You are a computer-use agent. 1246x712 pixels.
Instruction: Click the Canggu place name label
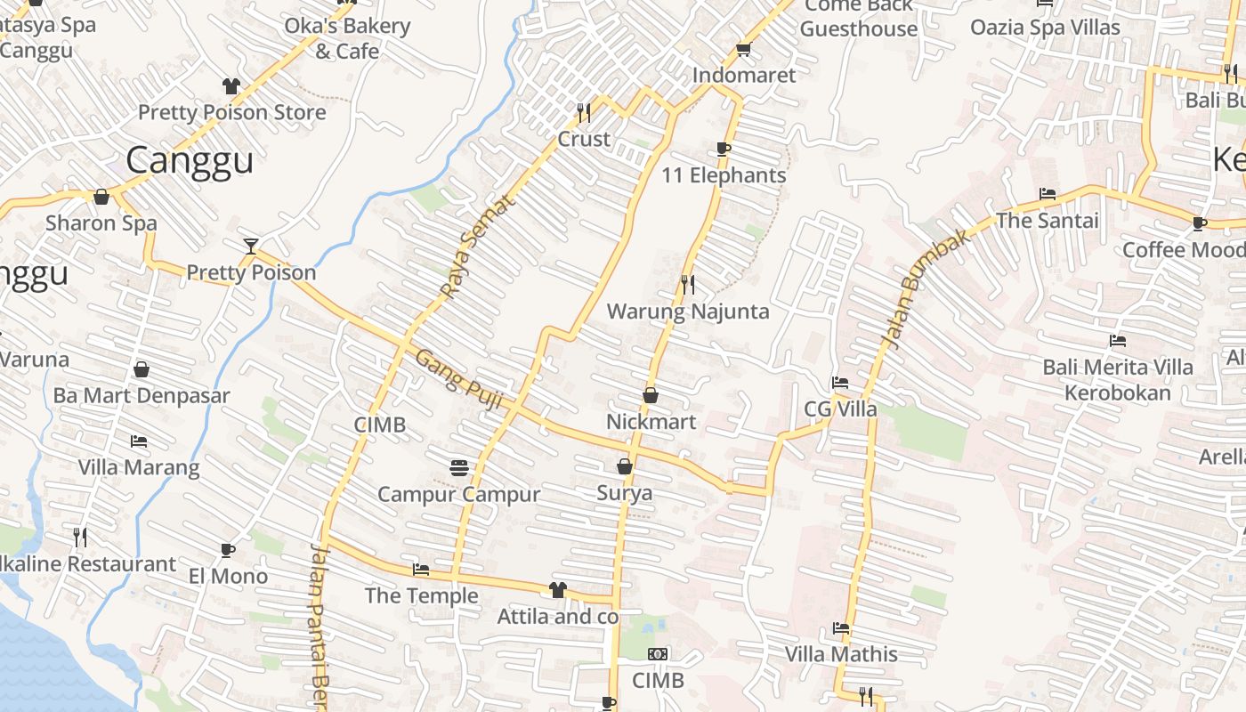(x=190, y=160)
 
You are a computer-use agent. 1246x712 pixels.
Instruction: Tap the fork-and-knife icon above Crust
(x=584, y=112)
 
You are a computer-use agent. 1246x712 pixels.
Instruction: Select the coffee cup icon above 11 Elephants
(x=723, y=149)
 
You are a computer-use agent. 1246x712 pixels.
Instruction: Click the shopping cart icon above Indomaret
(x=743, y=49)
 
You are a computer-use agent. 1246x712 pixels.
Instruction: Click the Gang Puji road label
(x=459, y=381)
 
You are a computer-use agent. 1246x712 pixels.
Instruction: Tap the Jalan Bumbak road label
(x=925, y=287)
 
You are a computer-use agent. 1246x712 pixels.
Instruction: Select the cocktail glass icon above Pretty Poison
(x=251, y=246)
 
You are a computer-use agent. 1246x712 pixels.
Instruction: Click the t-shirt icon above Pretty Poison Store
(x=231, y=86)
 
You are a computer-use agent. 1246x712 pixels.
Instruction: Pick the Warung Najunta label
(x=688, y=311)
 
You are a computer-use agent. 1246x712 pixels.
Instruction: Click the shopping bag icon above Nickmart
(x=651, y=395)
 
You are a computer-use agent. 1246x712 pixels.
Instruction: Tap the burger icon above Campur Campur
(x=459, y=467)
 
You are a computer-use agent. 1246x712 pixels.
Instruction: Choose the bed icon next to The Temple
(x=421, y=570)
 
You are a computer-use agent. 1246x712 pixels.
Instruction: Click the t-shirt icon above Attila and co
(x=558, y=589)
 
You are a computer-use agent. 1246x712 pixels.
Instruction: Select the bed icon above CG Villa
(x=839, y=384)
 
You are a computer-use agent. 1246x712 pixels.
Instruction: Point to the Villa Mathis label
(x=841, y=654)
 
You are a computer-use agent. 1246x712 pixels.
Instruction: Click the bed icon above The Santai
(x=1048, y=194)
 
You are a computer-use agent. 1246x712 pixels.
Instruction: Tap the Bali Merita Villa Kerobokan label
(x=1118, y=379)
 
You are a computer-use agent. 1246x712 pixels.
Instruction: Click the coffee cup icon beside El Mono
(x=228, y=550)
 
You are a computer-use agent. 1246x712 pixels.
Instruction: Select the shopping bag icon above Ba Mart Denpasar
(x=142, y=369)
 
